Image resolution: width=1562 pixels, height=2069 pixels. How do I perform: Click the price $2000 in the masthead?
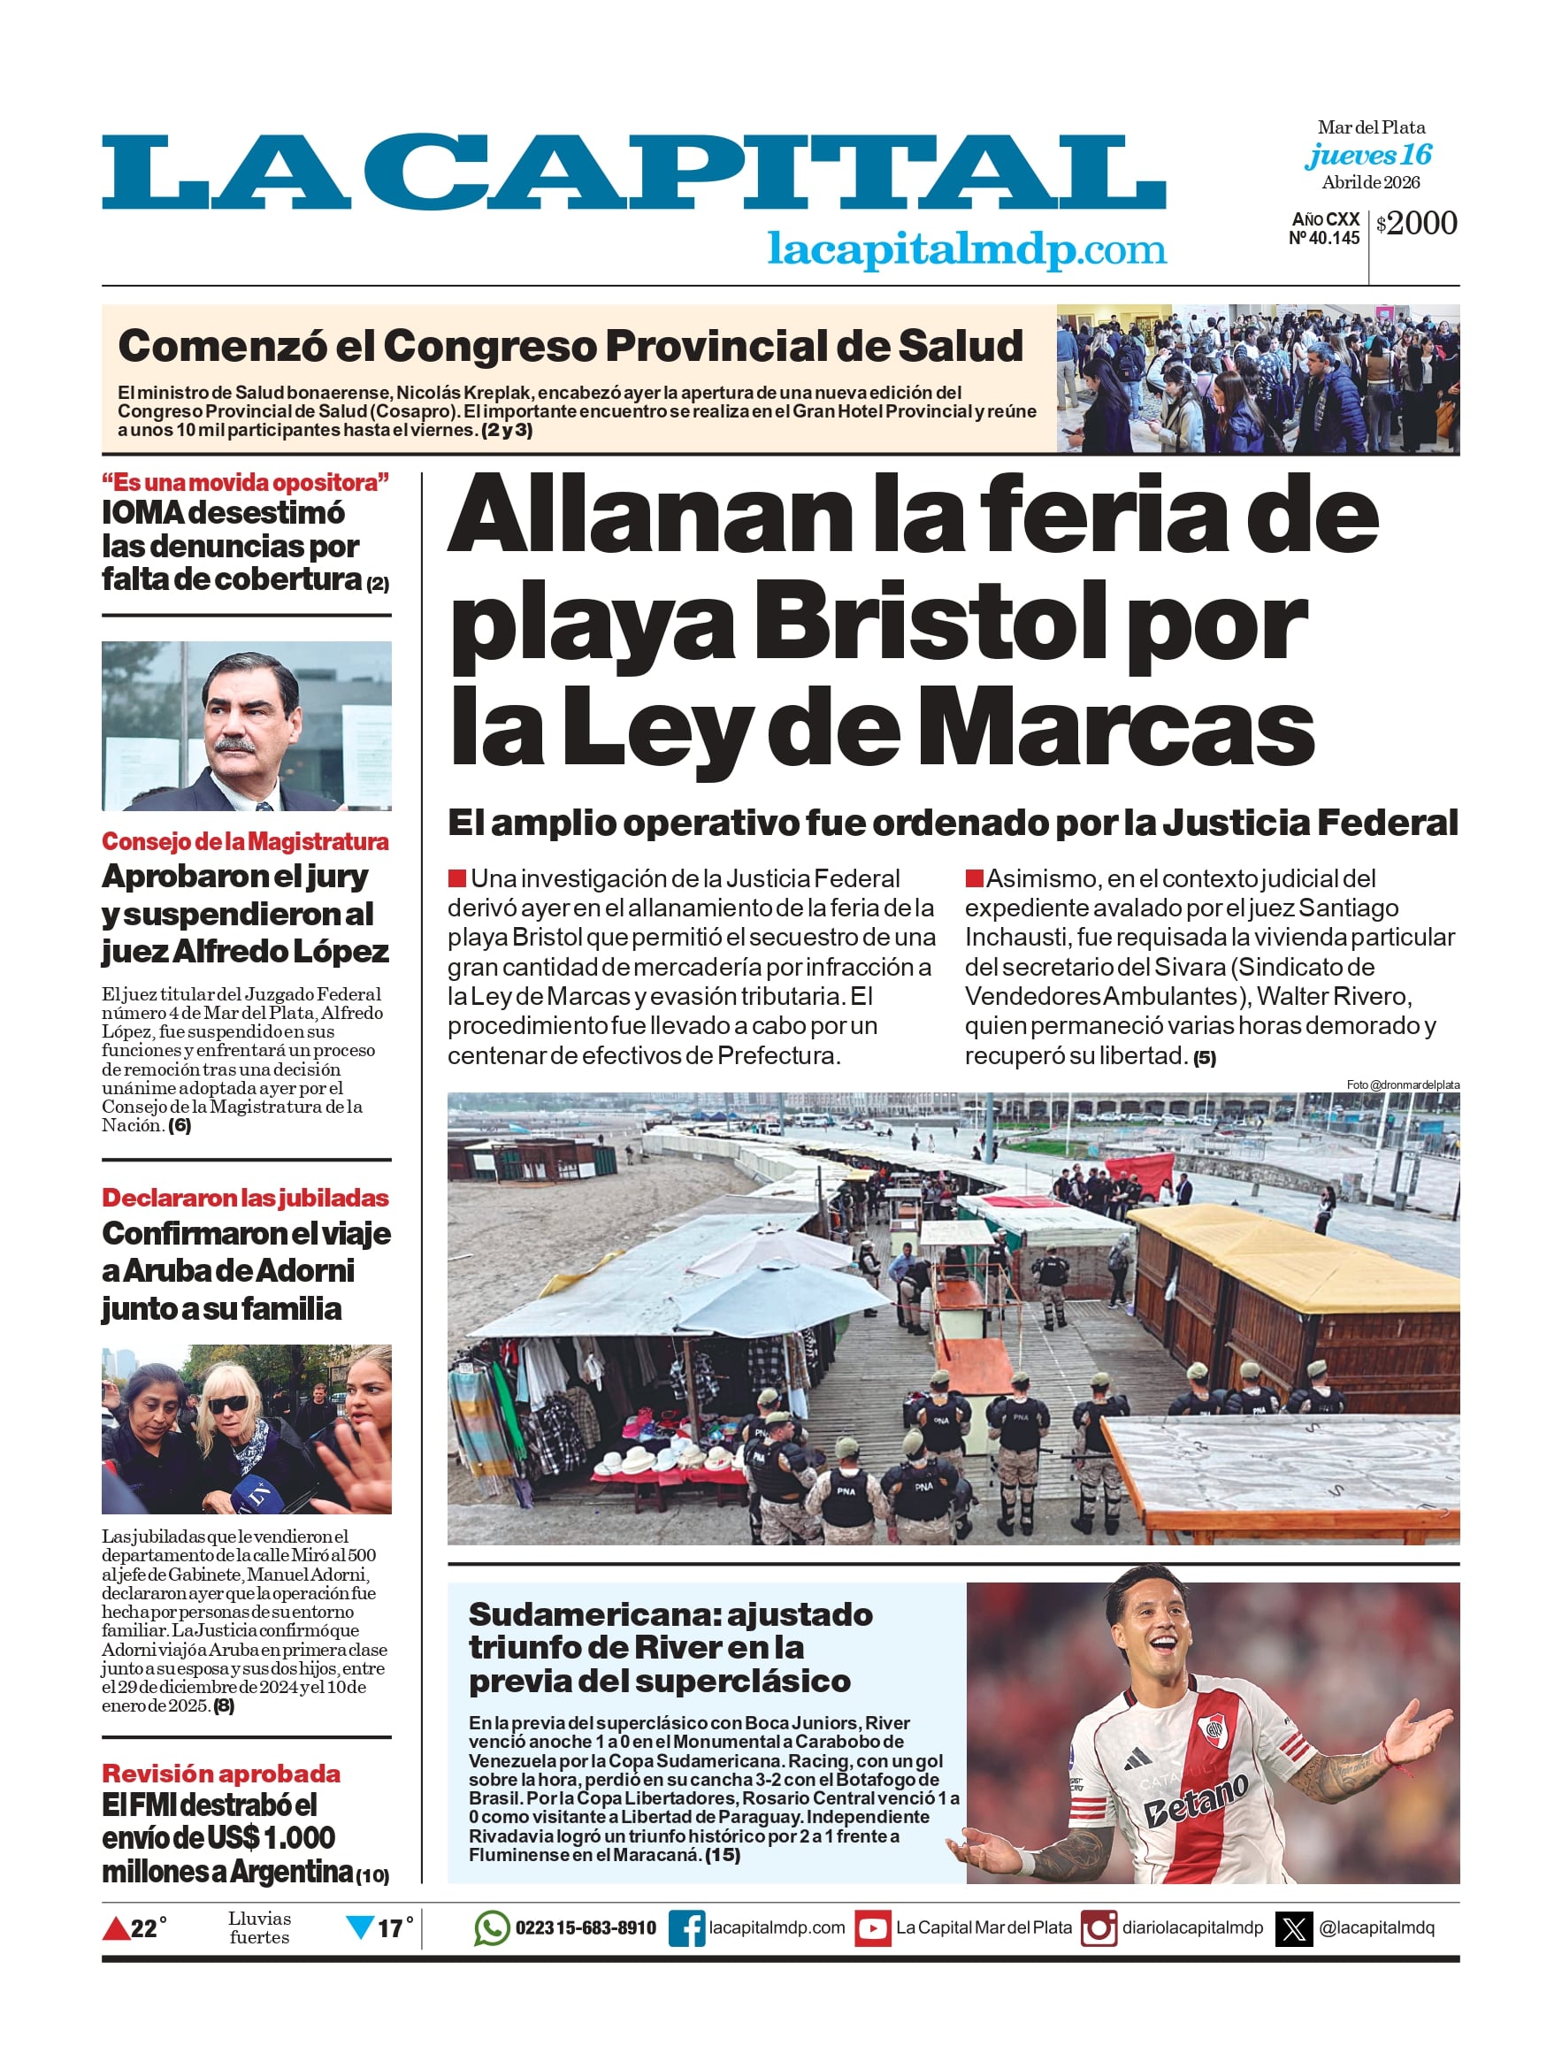pyautogui.click(x=1417, y=224)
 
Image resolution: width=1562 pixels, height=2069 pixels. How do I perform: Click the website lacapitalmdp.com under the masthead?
pyautogui.click(x=966, y=249)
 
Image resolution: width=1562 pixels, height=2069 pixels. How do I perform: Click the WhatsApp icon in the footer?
pyautogui.click(x=492, y=1927)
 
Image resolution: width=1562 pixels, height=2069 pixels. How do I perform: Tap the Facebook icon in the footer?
pyautogui.click(x=686, y=1928)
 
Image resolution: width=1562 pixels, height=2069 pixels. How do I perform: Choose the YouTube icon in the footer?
pyautogui.click(x=873, y=1928)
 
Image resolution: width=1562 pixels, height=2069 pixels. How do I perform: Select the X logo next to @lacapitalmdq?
pyautogui.click(x=1294, y=1928)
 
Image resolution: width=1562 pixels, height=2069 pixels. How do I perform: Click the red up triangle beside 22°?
pyautogui.click(x=115, y=1928)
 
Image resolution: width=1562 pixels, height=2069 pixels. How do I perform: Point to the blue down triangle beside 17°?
pyautogui.click(x=360, y=1927)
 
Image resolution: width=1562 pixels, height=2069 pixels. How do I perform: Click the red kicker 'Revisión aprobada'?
pyautogui.click(x=221, y=1774)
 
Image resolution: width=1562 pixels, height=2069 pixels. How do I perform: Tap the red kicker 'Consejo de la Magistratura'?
pyautogui.click(x=245, y=842)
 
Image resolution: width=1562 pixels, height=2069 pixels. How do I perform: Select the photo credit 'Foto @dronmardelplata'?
pyautogui.click(x=1402, y=1084)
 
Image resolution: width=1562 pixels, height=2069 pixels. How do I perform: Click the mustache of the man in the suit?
pyautogui.click(x=234, y=745)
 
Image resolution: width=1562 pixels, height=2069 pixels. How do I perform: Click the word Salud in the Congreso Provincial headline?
pyautogui.click(x=960, y=346)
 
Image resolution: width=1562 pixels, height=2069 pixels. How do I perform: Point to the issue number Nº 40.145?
pyautogui.click(x=1323, y=239)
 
